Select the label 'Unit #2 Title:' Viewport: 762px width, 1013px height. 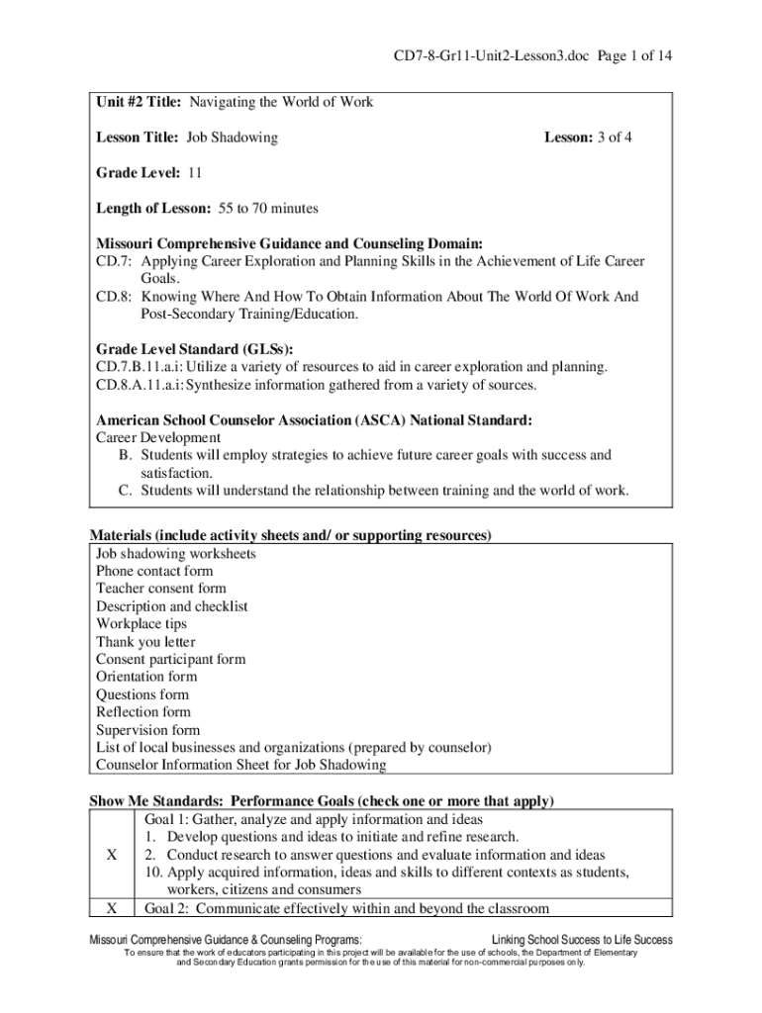(x=140, y=103)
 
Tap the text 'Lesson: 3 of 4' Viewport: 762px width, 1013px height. (x=588, y=138)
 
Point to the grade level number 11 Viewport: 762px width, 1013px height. (x=195, y=173)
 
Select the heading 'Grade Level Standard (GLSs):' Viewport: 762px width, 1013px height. (x=194, y=349)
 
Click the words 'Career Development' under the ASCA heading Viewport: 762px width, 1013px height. (x=158, y=437)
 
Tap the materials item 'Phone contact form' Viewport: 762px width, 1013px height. (x=154, y=571)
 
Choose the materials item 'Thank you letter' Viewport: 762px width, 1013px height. (x=145, y=641)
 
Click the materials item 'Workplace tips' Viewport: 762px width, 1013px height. (x=141, y=623)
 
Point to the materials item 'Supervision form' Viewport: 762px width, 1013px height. (x=147, y=729)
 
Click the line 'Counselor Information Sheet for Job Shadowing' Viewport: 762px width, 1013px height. (x=241, y=765)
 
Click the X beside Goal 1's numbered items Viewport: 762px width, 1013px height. (x=112, y=855)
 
